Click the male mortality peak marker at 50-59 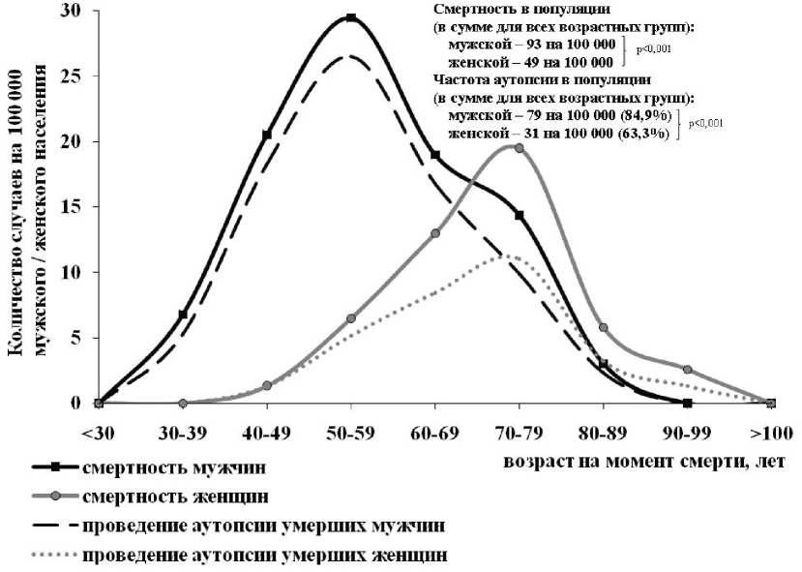[x=350, y=17]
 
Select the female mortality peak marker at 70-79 [x=520, y=148]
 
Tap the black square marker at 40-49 [x=266, y=135]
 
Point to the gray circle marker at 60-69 [x=435, y=233]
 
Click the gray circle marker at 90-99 [x=687, y=370]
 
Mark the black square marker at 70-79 [x=520, y=215]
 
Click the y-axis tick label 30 [x=74, y=11]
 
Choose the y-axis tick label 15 [x=74, y=207]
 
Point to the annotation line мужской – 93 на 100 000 [x=532, y=45]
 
